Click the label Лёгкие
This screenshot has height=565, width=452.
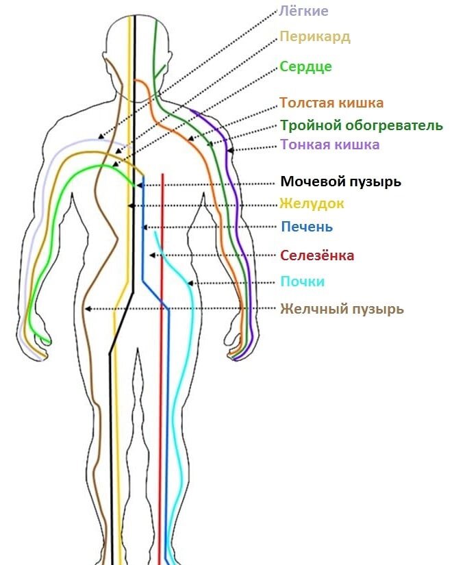point(304,11)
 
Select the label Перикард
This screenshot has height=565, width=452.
point(315,36)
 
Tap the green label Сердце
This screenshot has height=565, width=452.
point(305,66)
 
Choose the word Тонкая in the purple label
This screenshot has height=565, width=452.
point(305,145)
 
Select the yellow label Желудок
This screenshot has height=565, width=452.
point(312,203)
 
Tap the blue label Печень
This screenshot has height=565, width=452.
point(307,227)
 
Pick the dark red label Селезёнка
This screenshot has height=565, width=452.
point(317,255)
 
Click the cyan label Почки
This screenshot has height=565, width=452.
point(302,281)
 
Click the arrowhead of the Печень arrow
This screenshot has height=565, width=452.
point(143,227)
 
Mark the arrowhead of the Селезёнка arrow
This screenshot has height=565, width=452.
point(151,255)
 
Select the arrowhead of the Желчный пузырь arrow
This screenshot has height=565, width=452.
point(86,310)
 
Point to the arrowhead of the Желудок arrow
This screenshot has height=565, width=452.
point(129,205)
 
